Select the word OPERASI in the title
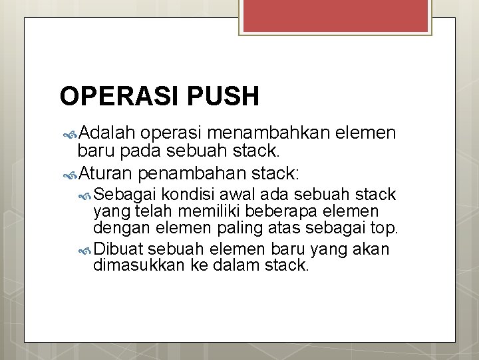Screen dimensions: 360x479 point(116,97)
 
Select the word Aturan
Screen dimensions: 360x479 point(106,174)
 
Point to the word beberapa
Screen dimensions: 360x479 point(299,211)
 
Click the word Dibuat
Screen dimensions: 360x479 point(120,249)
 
